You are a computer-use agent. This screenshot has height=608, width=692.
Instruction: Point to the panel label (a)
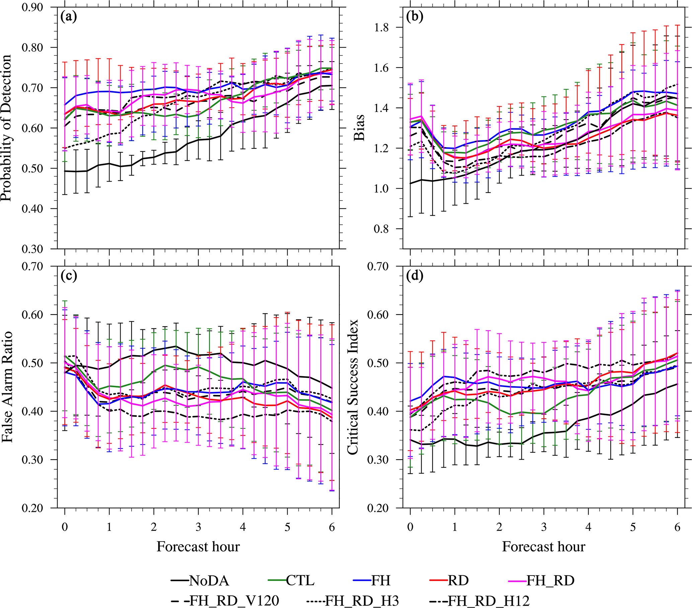(x=68, y=17)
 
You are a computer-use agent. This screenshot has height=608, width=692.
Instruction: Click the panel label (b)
(x=414, y=17)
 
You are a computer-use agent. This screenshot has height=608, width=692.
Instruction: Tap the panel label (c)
(x=68, y=276)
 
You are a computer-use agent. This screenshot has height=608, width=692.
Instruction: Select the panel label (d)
(x=414, y=276)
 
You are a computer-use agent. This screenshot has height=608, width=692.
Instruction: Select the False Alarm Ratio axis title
(x=7, y=387)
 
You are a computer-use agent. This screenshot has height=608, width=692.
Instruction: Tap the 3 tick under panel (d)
(x=544, y=527)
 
